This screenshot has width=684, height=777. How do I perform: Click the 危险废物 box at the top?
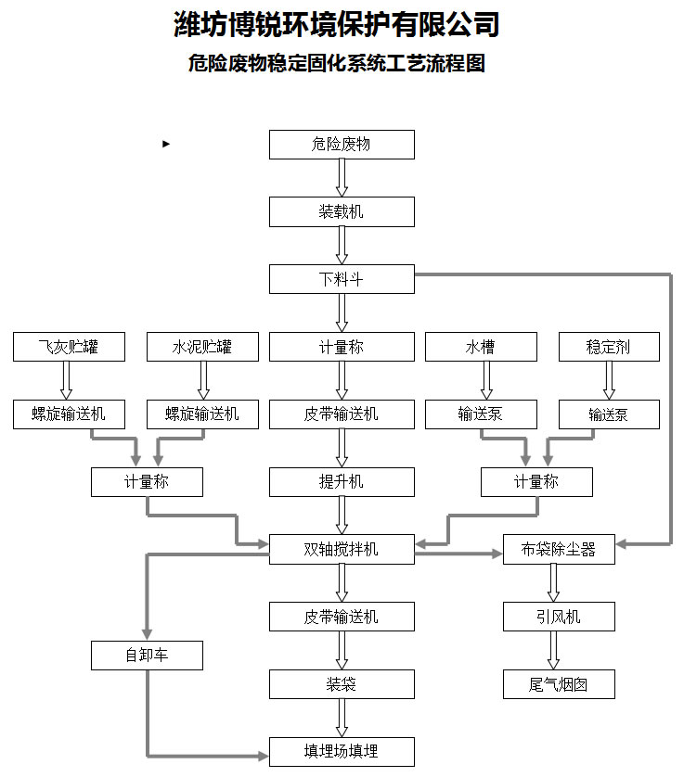coord(342,145)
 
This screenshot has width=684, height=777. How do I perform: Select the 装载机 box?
coord(342,212)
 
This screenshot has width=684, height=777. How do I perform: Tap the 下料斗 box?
coord(342,279)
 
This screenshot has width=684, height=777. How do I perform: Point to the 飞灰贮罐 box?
coord(68,347)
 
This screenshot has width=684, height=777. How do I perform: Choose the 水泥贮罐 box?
coord(201,347)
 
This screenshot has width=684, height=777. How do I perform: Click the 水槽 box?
coord(480,347)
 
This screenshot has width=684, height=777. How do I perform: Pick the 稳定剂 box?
coord(609,347)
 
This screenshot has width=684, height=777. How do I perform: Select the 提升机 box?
coord(342,482)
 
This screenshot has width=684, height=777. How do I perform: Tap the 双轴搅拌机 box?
coord(342,550)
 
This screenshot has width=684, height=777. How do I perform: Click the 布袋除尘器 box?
coord(558,550)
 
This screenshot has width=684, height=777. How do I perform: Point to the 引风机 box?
coord(558,617)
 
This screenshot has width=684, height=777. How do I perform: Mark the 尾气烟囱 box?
coord(558,684)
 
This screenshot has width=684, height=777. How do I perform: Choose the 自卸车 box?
coord(147,656)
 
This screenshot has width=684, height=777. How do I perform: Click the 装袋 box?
coord(342,684)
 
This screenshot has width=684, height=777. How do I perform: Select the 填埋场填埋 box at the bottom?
coord(342,751)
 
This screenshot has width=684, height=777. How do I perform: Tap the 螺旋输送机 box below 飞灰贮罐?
coord(68,414)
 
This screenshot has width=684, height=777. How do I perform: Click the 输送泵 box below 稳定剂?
coord(609,414)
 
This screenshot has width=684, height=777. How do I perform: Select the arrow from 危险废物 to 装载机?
coord(342,178)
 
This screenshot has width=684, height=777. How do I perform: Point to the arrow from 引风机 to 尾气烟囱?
coord(554,650)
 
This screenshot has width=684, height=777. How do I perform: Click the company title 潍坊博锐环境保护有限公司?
coord(337,25)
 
